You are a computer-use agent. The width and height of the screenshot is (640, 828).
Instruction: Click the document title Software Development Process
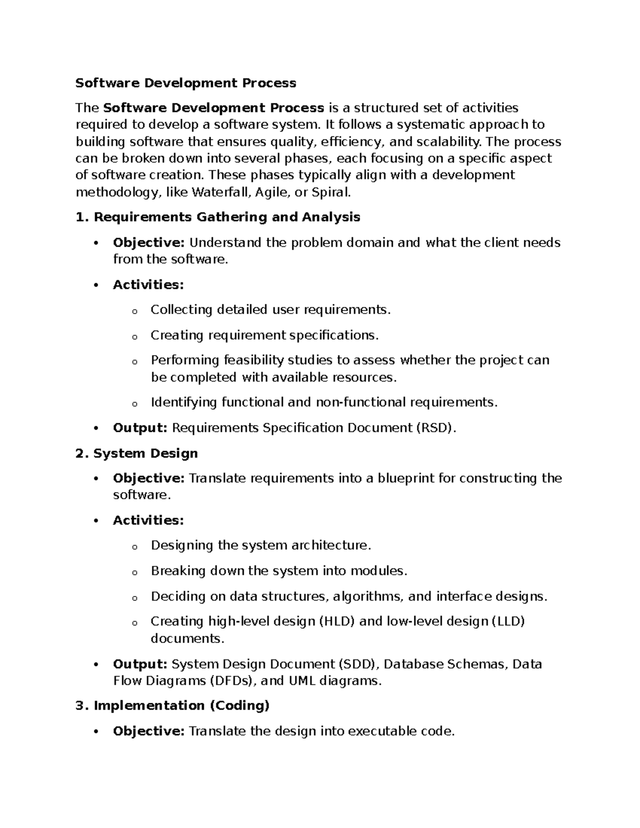tap(186, 83)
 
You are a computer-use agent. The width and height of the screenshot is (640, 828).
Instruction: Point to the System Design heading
tap(145, 453)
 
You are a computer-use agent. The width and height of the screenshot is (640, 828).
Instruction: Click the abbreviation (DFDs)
tap(233, 681)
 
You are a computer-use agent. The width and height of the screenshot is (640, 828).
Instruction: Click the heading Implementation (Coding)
tap(181, 706)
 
